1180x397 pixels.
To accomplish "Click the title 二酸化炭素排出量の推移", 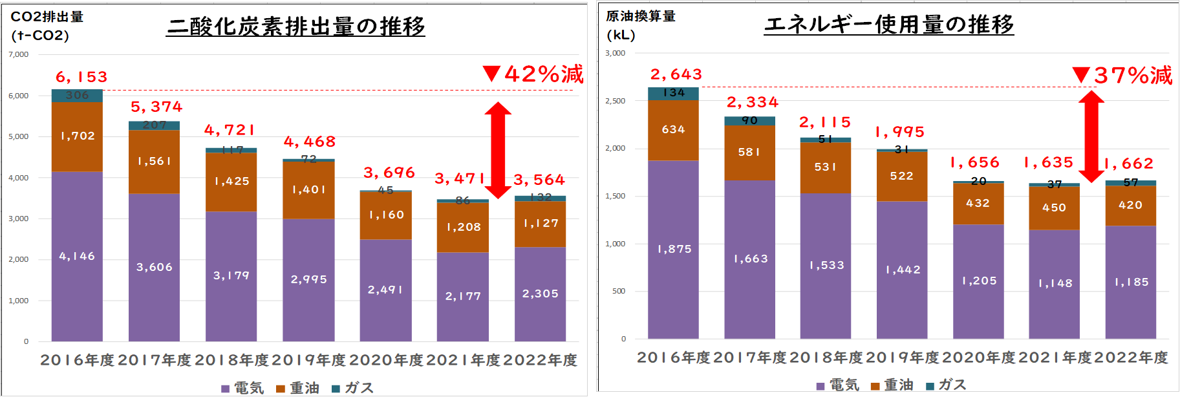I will (295, 27).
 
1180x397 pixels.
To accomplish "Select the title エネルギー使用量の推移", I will (888, 25).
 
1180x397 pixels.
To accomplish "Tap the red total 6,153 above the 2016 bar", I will (81, 77).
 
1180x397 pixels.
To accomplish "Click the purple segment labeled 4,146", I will (77, 256).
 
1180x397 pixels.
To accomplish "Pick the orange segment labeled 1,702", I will (77, 136).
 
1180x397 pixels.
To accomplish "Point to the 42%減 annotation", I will (534, 74).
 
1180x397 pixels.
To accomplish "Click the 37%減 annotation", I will (1123, 76).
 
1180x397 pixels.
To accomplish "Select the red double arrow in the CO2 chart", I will (498, 150).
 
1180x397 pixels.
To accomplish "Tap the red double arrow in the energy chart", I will (1091, 136).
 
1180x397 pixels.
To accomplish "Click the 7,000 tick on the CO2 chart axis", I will (19, 54).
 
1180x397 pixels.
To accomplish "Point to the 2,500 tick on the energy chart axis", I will (615, 101).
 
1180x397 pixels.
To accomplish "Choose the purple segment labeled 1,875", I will (674, 249).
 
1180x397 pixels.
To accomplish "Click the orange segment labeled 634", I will (673, 130).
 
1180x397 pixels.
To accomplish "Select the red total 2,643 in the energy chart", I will (676, 74).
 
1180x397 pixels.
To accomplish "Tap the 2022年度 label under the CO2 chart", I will (540, 359).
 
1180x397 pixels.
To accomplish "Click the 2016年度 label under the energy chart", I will (673, 358).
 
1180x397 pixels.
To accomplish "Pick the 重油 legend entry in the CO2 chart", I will (298, 388).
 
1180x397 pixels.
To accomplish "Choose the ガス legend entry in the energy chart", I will (947, 385).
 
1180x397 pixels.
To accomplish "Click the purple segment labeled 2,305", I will (540, 294).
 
